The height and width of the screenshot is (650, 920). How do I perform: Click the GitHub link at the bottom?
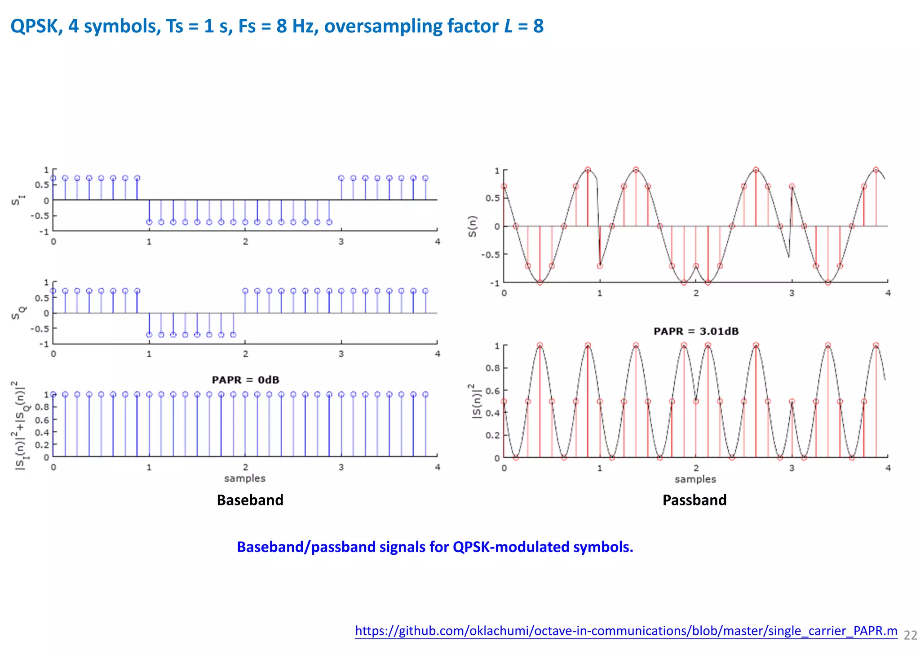[626, 631]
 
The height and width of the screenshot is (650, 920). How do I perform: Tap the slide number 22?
[910, 635]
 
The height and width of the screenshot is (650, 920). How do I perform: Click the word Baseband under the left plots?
[250, 500]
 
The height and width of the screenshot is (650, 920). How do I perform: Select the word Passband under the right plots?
[694, 500]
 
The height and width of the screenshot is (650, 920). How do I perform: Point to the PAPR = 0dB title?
[245, 380]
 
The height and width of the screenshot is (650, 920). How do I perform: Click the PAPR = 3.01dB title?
[696, 332]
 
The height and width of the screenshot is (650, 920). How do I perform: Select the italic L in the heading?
[508, 26]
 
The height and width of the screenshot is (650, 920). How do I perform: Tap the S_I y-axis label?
[18, 200]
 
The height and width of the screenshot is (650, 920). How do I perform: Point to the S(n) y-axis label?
[472, 226]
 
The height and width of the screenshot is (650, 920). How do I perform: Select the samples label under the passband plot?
[695, 479]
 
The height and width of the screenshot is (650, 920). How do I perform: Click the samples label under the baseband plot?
[244, 478]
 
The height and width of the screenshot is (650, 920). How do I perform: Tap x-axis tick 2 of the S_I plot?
[245, 242]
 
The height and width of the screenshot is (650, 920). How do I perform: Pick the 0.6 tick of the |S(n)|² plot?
[492, 391]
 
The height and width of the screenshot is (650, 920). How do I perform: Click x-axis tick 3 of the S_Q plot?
[341, 354]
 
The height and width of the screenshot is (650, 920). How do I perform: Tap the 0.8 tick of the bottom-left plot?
[42, 407]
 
